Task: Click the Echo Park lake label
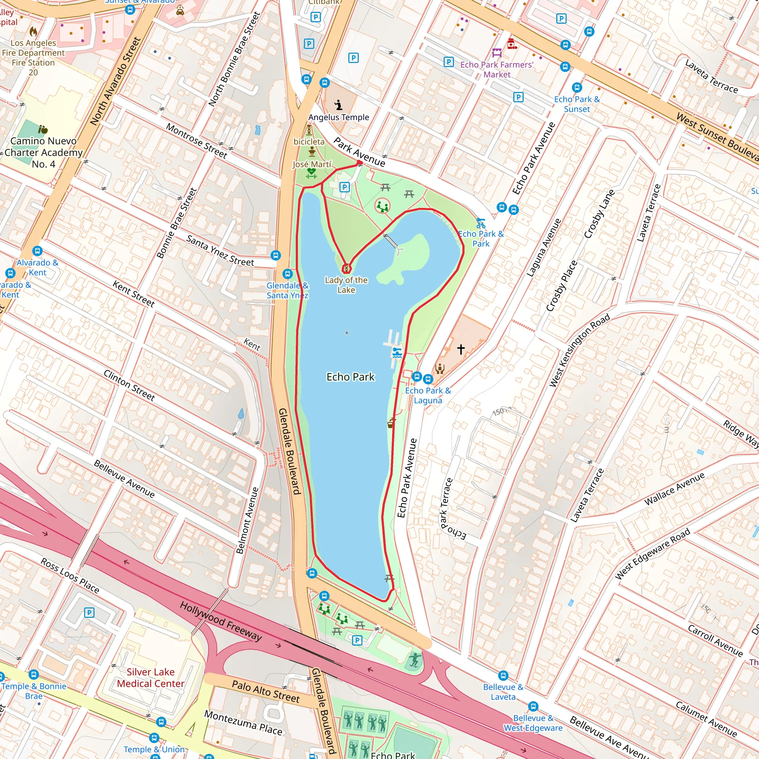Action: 351,377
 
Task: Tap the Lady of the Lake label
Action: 346,285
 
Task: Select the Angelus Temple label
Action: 339,117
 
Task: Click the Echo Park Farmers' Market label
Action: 497,70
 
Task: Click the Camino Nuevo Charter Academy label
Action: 44,152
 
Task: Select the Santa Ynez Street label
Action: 220,250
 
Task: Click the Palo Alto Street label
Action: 266,691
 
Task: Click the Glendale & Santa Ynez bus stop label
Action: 288,290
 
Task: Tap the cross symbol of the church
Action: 461,349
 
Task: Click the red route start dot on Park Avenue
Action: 359,163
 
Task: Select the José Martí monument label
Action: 312,164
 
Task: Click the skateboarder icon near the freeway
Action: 415,660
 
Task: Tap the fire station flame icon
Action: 33,32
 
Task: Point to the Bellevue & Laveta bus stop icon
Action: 503,676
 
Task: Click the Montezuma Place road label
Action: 243,723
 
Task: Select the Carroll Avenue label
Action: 715,640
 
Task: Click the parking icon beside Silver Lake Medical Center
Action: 89,613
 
